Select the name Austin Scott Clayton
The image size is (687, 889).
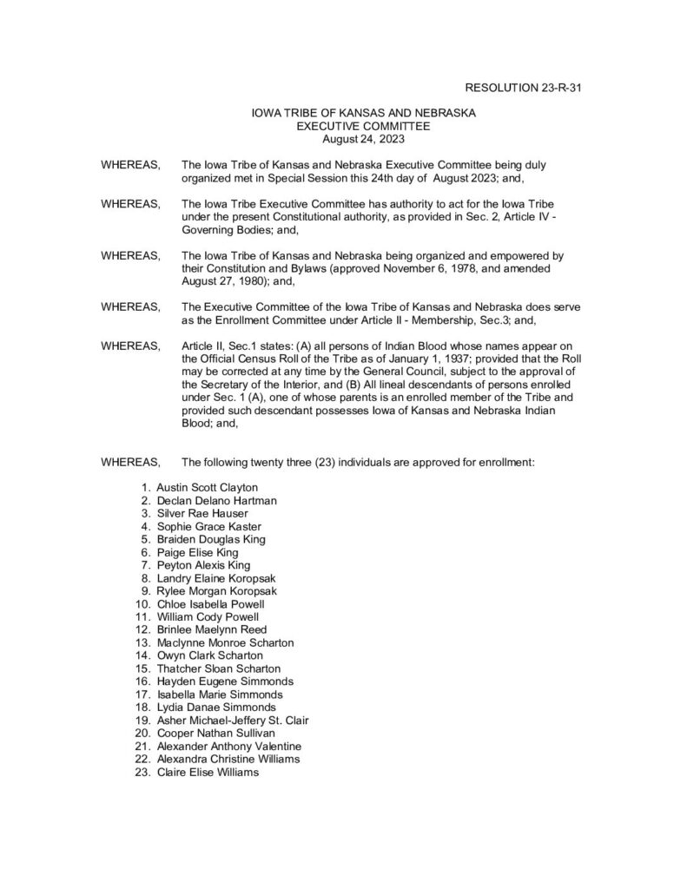(x=207, y=487)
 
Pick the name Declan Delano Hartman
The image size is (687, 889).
(x=216, y=500)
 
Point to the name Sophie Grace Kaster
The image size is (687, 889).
(x=208, y=526)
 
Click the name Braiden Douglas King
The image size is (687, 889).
(x=211, y=539)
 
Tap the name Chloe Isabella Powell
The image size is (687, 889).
(x=211, y=603)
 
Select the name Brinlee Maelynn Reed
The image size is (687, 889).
(x=211, y=629)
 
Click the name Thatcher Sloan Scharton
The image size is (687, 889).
(x=218, y=668)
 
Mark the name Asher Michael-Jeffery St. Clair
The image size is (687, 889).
(x=233, y=721)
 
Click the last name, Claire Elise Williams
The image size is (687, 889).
(x=208, y=772)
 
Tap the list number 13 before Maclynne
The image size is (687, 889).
(x=142, y=642)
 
